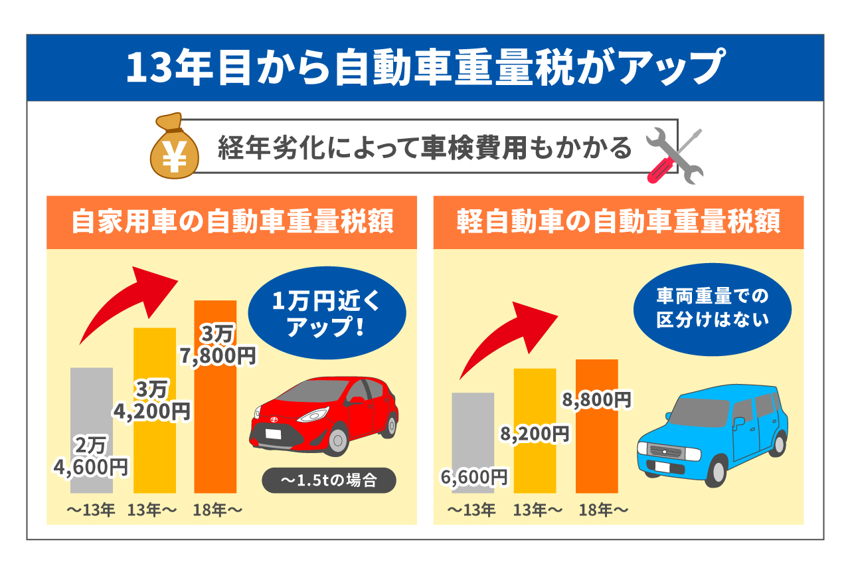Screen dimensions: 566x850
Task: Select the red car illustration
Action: (325, 415)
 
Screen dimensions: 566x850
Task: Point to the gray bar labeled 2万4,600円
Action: (91, 412)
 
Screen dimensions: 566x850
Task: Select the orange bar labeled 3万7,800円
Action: (215, 425)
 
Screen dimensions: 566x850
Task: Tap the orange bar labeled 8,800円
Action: (596, 452)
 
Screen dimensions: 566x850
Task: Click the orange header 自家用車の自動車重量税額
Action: (231, 222)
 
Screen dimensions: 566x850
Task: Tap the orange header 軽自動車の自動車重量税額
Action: (618, 222)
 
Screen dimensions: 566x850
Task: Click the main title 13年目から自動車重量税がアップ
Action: (425, 68)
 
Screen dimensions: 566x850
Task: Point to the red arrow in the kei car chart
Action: (508, 335)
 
